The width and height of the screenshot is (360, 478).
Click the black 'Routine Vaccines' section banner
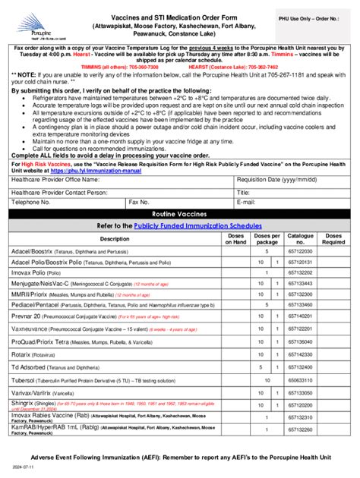180,236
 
